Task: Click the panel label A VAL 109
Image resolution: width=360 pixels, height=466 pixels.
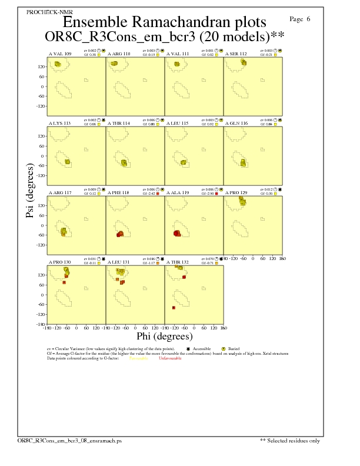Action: [59, 54]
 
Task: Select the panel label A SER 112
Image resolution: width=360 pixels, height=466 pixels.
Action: [236, 54]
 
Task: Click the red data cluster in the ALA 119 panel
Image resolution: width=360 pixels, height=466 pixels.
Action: [177, 234]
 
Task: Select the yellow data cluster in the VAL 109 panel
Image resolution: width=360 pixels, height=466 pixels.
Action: [58, 64]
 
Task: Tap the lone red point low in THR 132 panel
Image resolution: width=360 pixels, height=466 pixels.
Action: [174, 308]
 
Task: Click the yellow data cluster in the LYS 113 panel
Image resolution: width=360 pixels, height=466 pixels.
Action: [67, 162]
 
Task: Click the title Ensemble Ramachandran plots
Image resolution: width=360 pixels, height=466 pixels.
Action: [164, 22]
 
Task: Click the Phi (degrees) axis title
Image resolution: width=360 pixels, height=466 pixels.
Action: [164, 337]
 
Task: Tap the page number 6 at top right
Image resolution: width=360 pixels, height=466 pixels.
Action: [308, 19]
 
